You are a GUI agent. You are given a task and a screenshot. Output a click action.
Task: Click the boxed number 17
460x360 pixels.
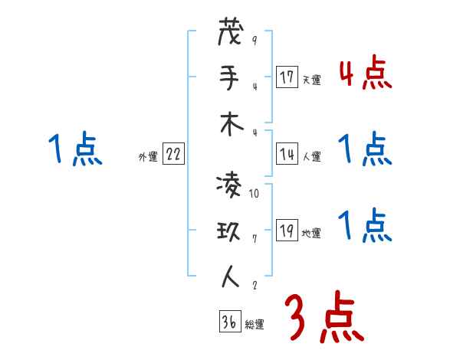[287, 77]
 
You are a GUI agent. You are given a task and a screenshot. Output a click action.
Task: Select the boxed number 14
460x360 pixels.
[287, 153]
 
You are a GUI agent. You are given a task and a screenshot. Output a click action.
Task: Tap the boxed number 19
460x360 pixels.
[287, 231]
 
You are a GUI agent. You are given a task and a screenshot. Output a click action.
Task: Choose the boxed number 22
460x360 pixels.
[173, 153]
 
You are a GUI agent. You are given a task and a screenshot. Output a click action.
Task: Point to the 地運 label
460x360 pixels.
[311, 234]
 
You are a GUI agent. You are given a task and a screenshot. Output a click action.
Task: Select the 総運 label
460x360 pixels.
[255, 325]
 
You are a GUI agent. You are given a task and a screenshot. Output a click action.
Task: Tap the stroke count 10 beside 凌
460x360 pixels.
[255, 194]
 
